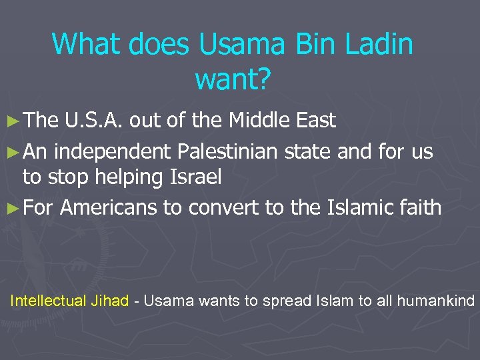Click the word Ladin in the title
(x=379, y=45)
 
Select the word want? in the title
(x=233, y=79)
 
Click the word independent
(x=113, y=152)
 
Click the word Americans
(x=109, y=207)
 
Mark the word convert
(x=224, y=207)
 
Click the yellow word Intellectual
(x=48, y=301)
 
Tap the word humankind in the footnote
(x=437, y=301)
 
